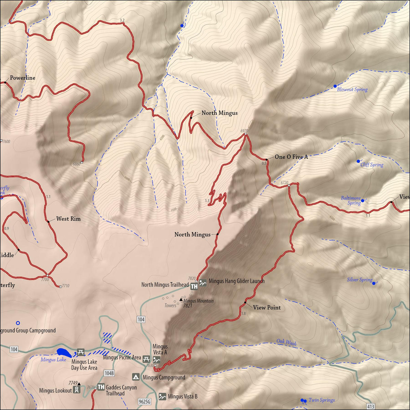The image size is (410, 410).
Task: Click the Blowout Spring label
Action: tap(352, 90)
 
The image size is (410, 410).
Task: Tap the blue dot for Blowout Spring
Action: tap(335, 86)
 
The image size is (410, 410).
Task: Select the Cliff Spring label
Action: tap(372, 165)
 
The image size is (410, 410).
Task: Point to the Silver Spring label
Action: tap(359, 280)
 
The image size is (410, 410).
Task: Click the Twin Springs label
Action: tap(322, 400)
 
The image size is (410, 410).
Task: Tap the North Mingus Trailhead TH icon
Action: tap(194, 286)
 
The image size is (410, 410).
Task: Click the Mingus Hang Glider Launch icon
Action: tap(203, 283)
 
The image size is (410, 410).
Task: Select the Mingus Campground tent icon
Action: tap(136, 377)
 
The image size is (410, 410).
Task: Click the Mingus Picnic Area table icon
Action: tap(146, 359)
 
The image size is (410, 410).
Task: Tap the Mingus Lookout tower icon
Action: tap(77, 389)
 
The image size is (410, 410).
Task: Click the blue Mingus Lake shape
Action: tap(64, 353)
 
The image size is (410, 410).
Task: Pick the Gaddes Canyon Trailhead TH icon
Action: tap(101, 387)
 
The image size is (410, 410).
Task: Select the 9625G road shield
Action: tap(145, 401)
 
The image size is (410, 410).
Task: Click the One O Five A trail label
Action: tap(291, 157)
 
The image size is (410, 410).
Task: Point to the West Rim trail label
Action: tap(68, 219)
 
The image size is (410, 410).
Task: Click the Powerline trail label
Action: tap(23, 78)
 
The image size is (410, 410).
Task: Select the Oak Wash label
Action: tap(286, 342)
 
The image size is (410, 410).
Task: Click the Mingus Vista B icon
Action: tap(162, 397)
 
